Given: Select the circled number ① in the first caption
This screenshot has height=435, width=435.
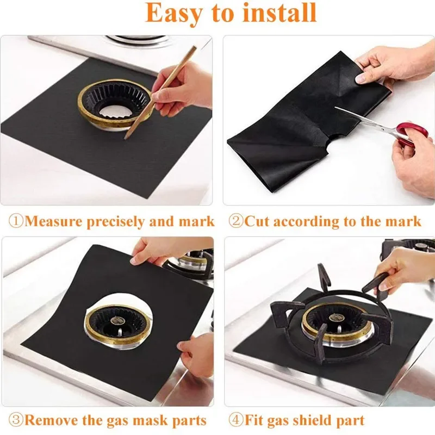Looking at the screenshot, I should [x=16, y=221].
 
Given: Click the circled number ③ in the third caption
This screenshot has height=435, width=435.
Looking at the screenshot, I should [x=16, y=420].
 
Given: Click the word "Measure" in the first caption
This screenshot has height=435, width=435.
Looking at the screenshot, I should [x=53, y=221].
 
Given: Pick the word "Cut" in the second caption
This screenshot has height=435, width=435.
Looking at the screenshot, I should [x=257, y=221].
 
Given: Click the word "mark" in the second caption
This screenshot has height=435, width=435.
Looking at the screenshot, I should [x=403, y=221].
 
